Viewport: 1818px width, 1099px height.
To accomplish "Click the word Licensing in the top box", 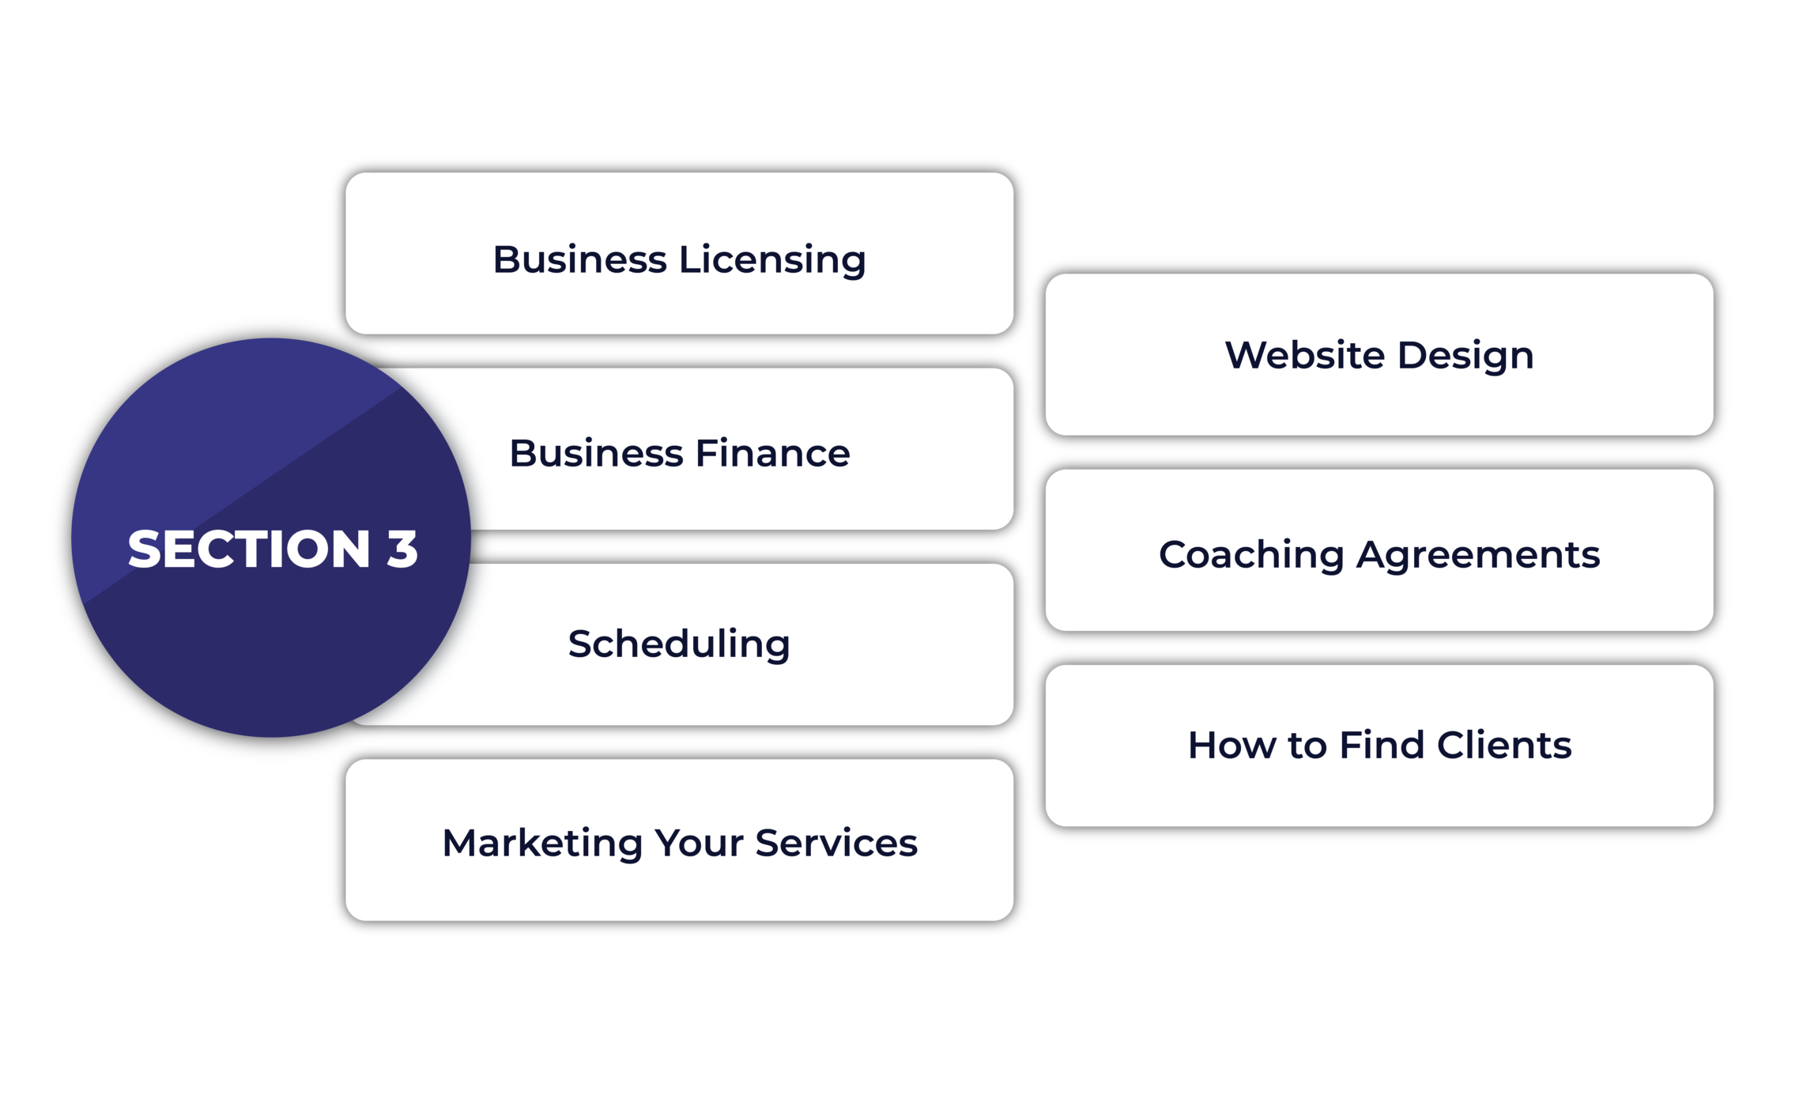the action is click(x=772, y=260).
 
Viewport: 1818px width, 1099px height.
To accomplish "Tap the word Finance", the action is click(x=772, y=454).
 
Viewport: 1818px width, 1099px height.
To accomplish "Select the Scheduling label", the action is click(x=679, y=644).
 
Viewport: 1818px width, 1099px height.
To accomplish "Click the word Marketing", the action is click(x=542, y=843).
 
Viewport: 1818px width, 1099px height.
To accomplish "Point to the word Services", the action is click(x=836, y=843).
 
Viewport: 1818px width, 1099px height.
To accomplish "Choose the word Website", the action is click(x=1304, y=355).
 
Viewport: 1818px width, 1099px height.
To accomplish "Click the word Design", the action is click(x=1465, y=355).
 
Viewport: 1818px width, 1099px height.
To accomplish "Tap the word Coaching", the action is click(x=1251, y=554).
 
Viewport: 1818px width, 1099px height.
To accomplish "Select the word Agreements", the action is click(x=1478, y=554).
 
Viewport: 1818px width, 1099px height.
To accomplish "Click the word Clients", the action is click(x=1504, y=745).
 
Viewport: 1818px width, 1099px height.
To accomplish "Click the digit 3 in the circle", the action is click(x=402, y=549).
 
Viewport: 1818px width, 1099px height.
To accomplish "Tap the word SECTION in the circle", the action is click(x=249, y=549).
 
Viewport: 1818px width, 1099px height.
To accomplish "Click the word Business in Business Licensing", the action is click(x=579, y=260).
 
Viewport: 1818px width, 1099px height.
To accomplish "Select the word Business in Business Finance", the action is click(x=596, y=454).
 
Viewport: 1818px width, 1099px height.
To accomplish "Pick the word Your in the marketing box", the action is click(x=699, y=843).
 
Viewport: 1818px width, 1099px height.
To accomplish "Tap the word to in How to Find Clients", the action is click(x=1307, y=745).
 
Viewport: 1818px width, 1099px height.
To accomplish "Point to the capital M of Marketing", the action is click(x=462, y=843).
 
